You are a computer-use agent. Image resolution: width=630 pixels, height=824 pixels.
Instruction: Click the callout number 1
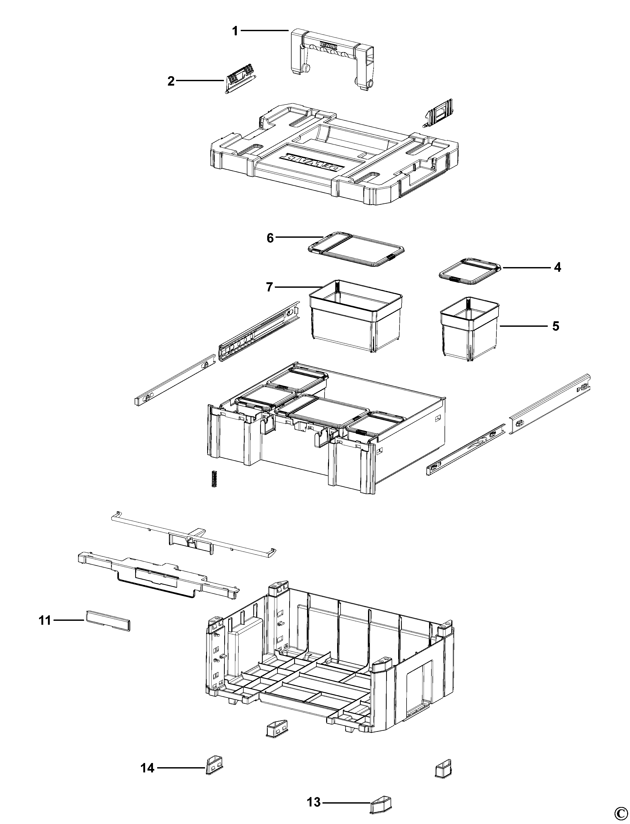(235, 31)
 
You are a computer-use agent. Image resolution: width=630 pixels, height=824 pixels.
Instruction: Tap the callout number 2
(171, 81)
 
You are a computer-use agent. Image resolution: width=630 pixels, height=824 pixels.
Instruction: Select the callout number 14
(147, 768)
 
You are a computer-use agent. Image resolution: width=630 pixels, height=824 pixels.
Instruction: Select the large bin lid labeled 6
(356, 249)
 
